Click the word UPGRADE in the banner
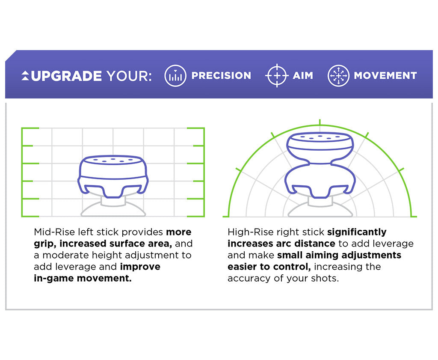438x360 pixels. click(x=66, y=76)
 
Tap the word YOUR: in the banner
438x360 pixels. click(x=129, y=76)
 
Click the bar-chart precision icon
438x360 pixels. click(x=175, y=76)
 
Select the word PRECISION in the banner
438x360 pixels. click(x=221, y=76)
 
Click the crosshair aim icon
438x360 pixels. click(x=277, y=76)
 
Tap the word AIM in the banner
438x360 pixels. click(x=303, y=76)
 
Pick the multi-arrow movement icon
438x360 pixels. click(x=338, y=76)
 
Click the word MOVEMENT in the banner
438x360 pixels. click(x=385, y=76)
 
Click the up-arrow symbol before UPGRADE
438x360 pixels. click(x=25, y=76)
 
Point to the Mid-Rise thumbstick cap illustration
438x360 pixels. click(x=113, y=176)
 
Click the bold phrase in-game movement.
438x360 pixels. click(x=83, y=278)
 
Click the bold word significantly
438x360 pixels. click(x=357, y=232)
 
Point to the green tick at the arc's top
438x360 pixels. click(x=320, y=122)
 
